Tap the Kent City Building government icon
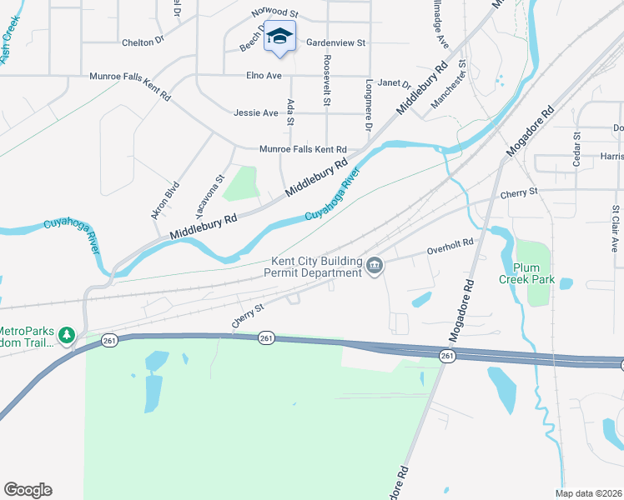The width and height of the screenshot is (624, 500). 375,267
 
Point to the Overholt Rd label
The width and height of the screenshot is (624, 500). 450,242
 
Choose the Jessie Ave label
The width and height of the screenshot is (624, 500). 256,112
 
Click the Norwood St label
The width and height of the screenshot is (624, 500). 274,13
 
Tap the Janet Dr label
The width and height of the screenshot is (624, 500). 395,83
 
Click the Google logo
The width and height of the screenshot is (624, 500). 28,490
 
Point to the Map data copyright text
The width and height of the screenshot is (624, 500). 590,493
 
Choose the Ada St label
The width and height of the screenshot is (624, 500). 290,112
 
